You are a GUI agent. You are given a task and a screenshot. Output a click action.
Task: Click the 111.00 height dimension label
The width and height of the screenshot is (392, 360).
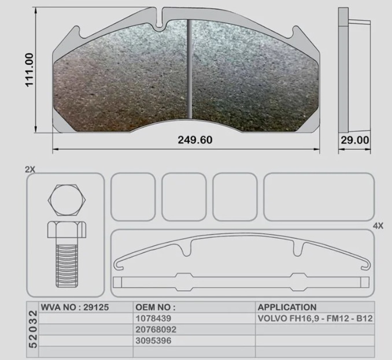coord(29,70)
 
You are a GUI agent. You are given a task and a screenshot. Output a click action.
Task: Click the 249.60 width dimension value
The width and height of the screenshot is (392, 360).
coord(195,140)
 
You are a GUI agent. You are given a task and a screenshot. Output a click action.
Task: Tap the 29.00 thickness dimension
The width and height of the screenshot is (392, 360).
coord(355,140)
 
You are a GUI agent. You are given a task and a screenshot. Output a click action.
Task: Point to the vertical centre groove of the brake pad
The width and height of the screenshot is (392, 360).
coord(190,69)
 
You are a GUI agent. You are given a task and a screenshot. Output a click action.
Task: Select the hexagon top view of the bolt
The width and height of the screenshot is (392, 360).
coord(66,201)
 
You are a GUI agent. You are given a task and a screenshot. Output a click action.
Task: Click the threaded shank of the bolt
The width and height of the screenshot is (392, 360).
coord(66,266)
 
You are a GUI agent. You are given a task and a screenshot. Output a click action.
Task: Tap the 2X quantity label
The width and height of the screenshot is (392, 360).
coord(30,170)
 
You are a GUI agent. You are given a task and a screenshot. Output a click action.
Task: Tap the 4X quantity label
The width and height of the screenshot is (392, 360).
coord(378,226)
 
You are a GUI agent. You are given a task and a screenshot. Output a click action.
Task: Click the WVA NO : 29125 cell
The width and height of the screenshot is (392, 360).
coord(75,307)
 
